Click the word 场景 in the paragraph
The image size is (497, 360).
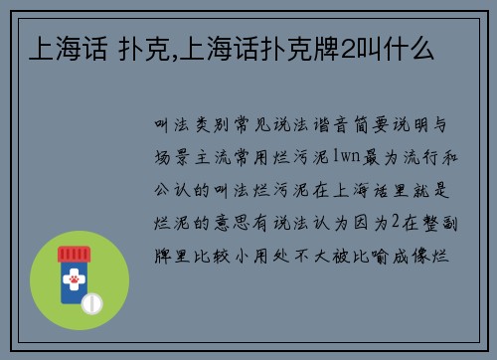(168, 153)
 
